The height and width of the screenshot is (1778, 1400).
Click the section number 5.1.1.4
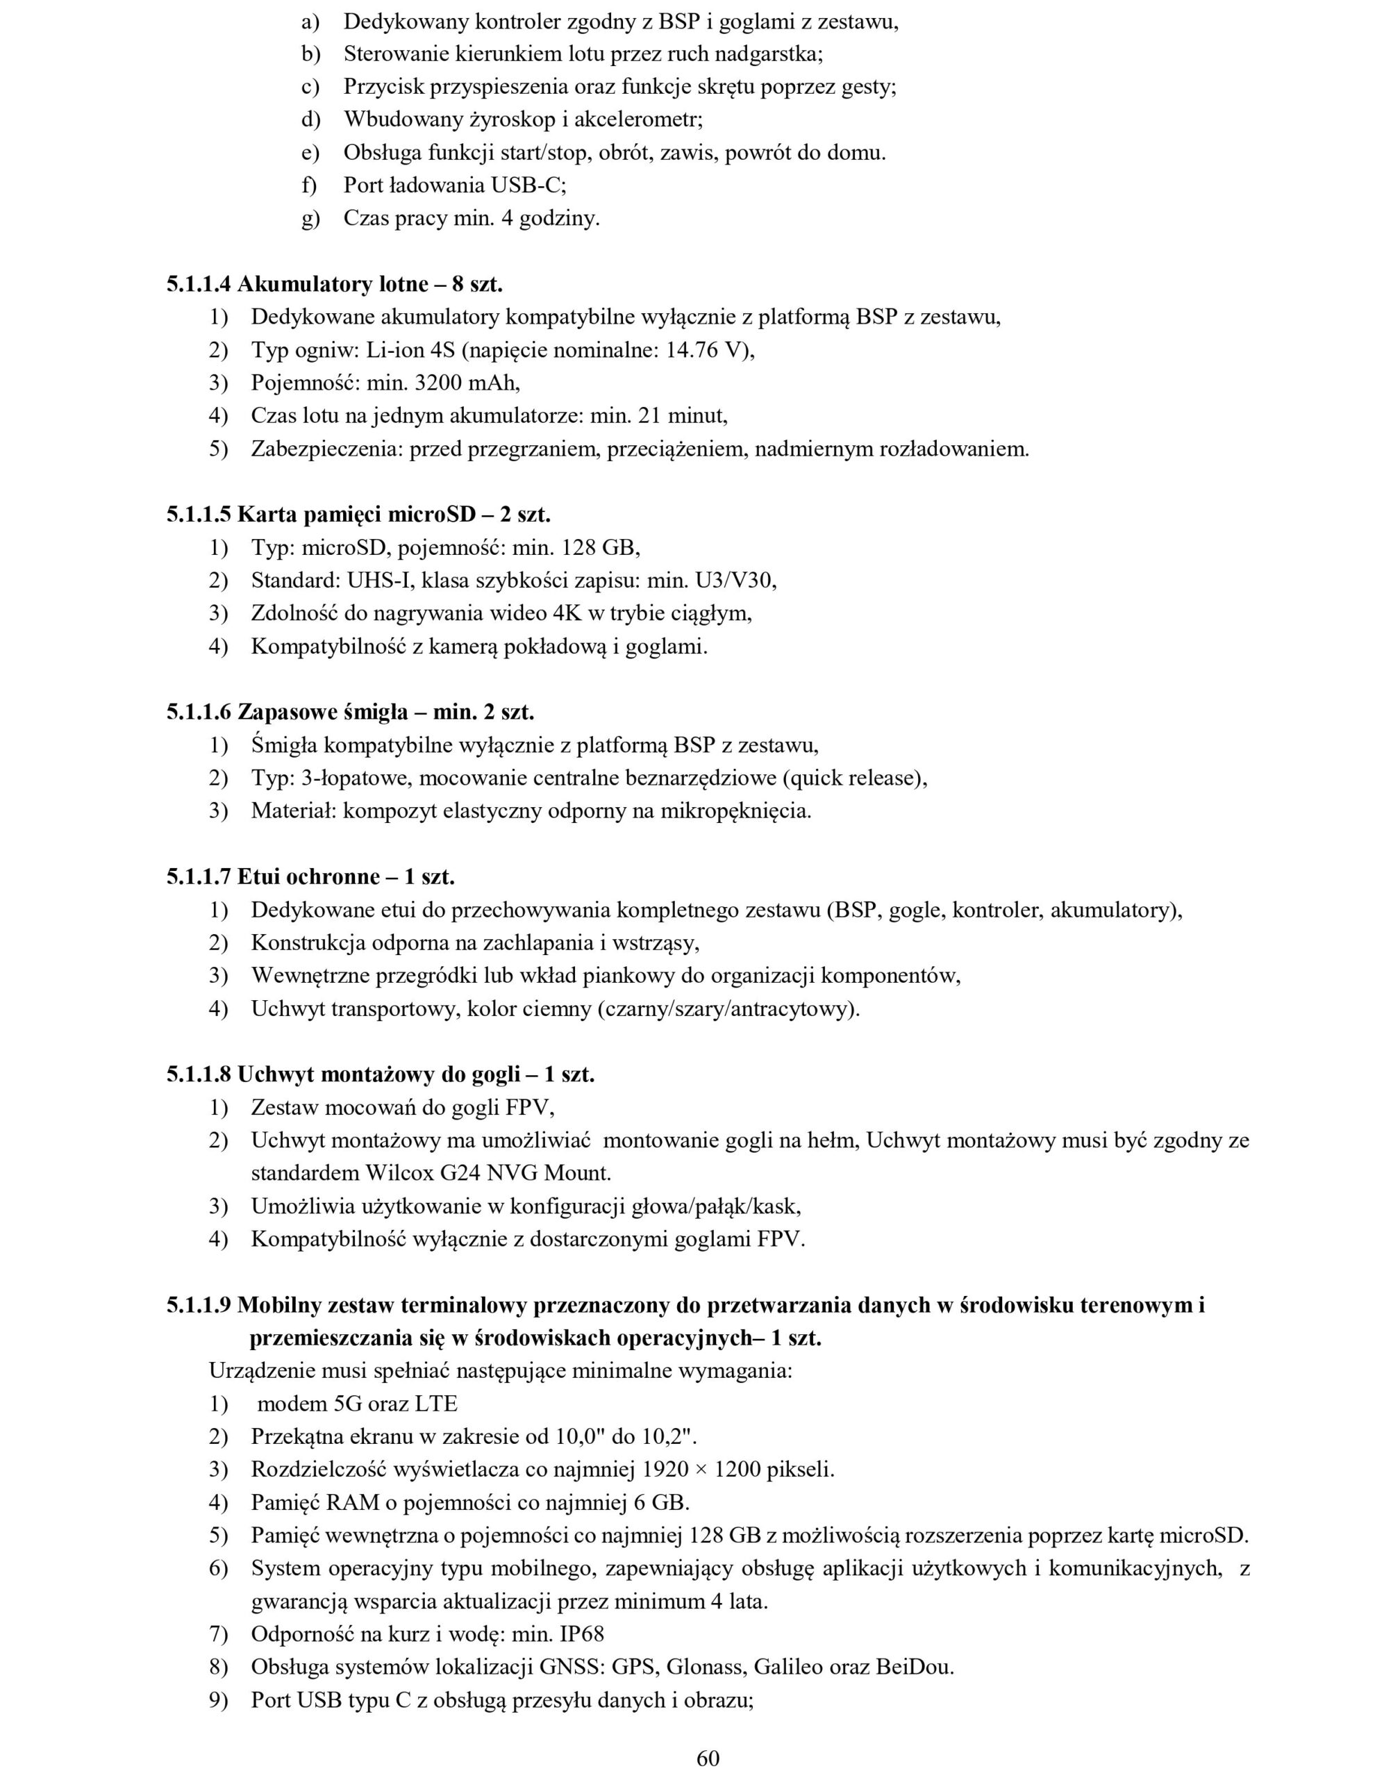[199, 285]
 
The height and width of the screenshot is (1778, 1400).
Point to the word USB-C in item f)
[527, 185]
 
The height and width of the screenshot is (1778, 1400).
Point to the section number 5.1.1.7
[199, 877]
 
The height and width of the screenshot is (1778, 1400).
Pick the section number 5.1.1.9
[199, 1305]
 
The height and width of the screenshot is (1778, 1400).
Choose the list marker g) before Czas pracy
[310, 219]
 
